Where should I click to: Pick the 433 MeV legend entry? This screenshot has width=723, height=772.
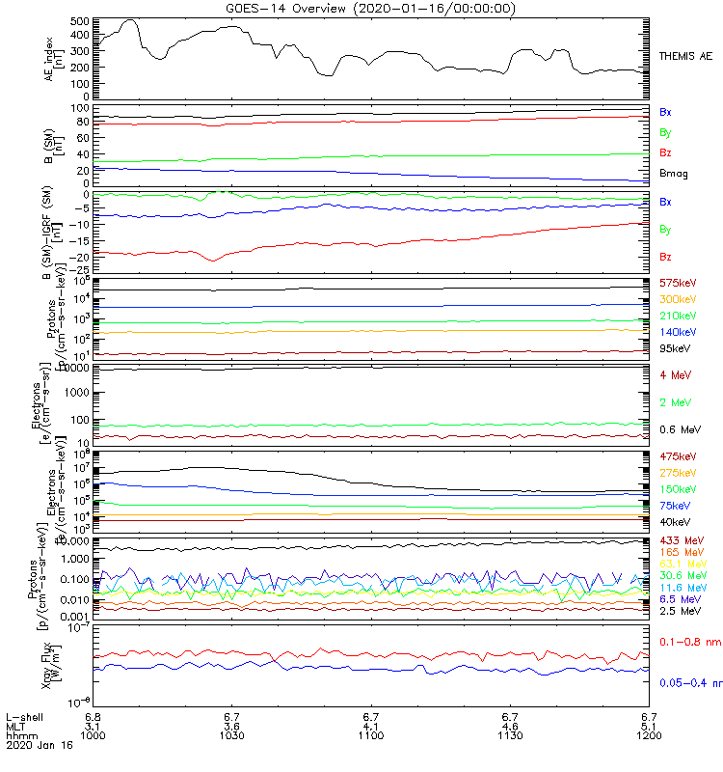(680, 539)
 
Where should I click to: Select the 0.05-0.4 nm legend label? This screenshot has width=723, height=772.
(690, 683)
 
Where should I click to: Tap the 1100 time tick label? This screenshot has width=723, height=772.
(372, 734)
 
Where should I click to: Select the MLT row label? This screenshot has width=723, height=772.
(15, 726)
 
